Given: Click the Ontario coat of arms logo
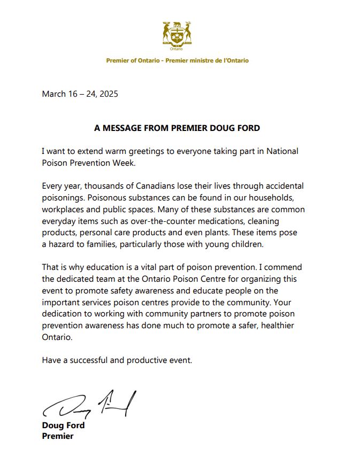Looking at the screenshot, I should pyautogui.click(x=177, y=34).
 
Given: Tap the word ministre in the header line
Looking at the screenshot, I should pyautogui.click(x=200, y=60).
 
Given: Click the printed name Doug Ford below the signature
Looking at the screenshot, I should pyautogui.click(x=63, y=426).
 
